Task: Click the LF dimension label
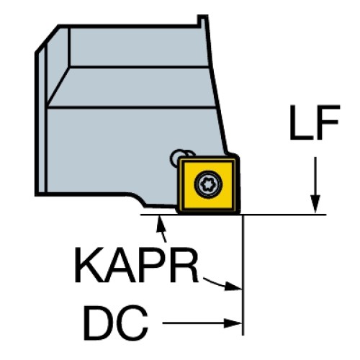point(315,122)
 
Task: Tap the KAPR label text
point(137,265)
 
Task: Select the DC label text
point(115,323)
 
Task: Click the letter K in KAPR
point(89,265)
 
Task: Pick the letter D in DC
point(99,323)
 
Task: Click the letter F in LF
point(328,122)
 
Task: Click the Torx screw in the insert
point(208,184)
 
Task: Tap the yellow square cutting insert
point(208,185)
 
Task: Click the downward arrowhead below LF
point(315,204)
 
